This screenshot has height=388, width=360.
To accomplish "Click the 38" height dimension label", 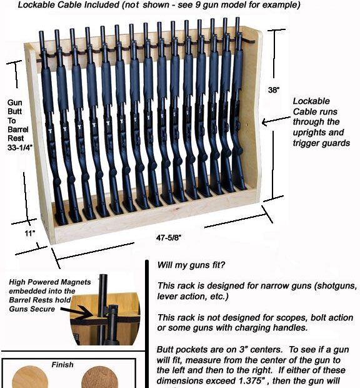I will pyautogui.click(x=273, y=89).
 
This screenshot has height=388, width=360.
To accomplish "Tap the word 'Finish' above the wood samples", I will pyautogui.click(x=62, y=364).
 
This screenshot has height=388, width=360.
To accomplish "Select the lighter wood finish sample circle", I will pyautogui.click(x=30, y=379).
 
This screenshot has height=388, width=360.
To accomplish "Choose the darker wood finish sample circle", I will pyautogui.click(x=97, y=379).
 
